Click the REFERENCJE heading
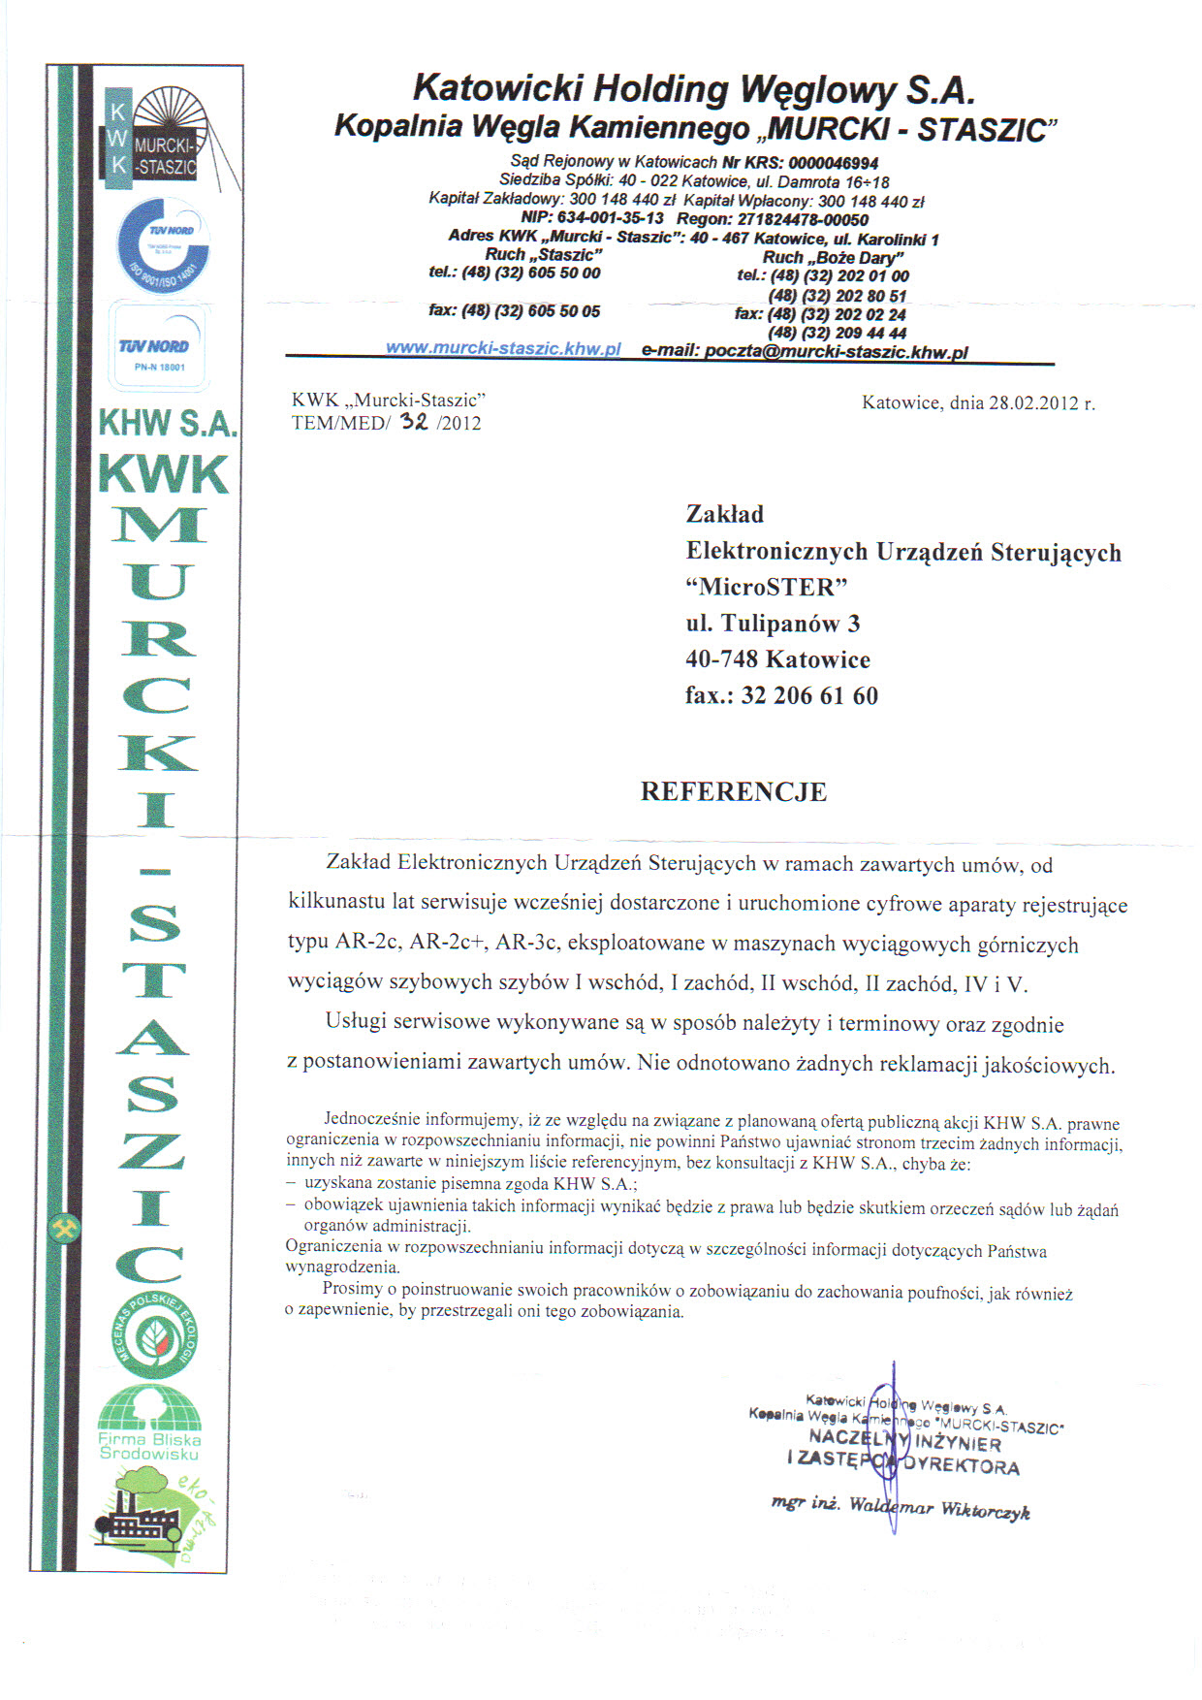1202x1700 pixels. coord(734,791)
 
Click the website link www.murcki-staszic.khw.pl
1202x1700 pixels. coord(503,349)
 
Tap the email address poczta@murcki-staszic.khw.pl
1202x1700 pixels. coord(836,352)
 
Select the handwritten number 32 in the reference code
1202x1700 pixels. coord(414,421)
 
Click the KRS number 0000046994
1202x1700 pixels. coord(833,163)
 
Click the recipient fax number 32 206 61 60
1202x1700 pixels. coord(809,695)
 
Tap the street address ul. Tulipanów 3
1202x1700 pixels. coord(773,624)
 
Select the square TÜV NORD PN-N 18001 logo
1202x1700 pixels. coord(154,345)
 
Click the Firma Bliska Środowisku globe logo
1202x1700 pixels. coord(150,1424)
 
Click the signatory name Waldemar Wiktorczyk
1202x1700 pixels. coord(939,1509)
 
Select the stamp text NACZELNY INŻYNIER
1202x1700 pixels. coord(905,1441)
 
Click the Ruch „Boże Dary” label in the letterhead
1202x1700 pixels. coord(833,257)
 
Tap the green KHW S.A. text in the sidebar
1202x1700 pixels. coord(168,424)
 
